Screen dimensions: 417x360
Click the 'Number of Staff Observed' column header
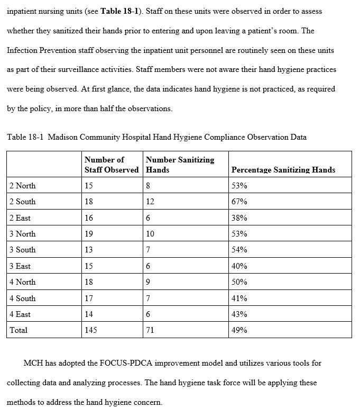[x=111, y=165]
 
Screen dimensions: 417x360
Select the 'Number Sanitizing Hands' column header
[x=180, y=165]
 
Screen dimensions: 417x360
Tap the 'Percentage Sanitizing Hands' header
[x=283, y=170]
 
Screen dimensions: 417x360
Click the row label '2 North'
[x=23, y=186]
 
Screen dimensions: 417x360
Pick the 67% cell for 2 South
[x=239, y=202]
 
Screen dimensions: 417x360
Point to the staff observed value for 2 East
[x=89, y=218]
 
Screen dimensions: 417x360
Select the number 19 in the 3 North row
[x=89, y=234]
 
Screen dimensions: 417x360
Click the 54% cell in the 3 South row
[x=239, y=250]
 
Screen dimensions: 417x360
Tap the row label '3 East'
[x=21, y=266]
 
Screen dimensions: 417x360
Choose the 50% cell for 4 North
[x=239, y=282]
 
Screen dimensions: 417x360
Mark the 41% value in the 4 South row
[x=239, y=298]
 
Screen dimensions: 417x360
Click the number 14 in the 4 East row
[x=89, y=314]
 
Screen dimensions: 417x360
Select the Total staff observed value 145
[x=91, y=330]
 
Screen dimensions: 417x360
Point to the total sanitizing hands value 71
[x=150, y=330]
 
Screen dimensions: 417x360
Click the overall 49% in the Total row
[x=239, y=330]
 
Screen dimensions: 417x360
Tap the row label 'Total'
[x=19, y=330]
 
